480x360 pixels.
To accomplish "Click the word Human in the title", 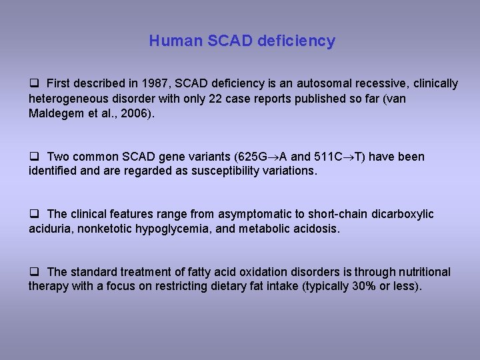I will [x=169, y=41].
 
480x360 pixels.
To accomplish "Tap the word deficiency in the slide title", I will [x=295, y=41].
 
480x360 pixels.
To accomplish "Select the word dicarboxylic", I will [x=401, y=214].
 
